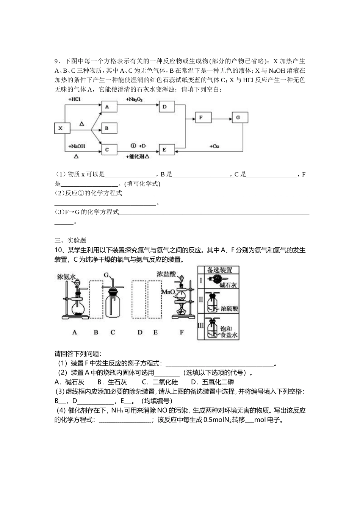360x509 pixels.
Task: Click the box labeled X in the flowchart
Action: (x=60, y=128)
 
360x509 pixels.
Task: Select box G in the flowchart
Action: (x=238, y=117)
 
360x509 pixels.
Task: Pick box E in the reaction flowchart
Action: (x=164, y=150)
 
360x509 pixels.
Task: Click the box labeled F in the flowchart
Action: (x=200, y=117)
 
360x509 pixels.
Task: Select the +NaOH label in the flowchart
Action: (x=77, y=146)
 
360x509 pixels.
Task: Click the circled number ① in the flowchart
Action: (x=133, y=145)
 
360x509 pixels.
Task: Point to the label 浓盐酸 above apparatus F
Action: (x=166, y=274)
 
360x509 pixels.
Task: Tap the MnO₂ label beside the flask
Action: (x=168, y=292)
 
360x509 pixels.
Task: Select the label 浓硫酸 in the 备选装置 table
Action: (x=229, y=309)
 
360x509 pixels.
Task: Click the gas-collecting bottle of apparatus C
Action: (x=113, y=305)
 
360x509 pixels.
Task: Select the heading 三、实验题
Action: (x=70, y=240)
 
